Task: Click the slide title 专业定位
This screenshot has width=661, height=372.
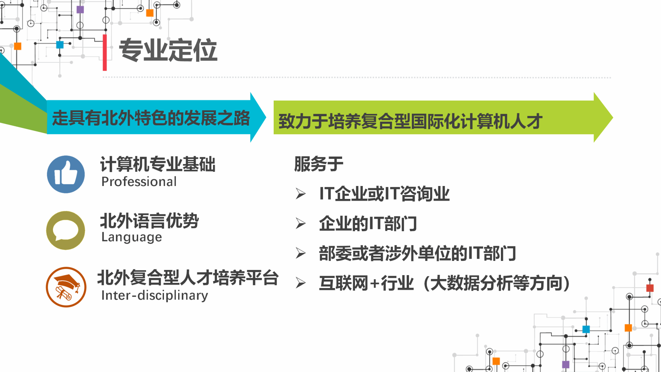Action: tap(168, 50)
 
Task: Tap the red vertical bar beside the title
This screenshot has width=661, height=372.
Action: tap(105, 52)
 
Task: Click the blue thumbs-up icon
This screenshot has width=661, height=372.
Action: tap(66, 174)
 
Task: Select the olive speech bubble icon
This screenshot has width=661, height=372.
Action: tap(66, 230)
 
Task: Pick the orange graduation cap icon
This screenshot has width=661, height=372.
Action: tap(66, 287)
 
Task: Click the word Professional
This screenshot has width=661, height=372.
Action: tap(139, 182)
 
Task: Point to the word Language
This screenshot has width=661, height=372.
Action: tap(131, 237)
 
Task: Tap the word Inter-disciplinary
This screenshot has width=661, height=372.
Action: tap(155, 295)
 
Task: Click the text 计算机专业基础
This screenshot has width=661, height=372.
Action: tap(158, 164)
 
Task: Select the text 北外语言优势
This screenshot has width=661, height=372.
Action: tap(149, 221)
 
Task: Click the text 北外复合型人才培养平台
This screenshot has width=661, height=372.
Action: tap(188, 278)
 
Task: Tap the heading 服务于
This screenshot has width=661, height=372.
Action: tap(319, 164)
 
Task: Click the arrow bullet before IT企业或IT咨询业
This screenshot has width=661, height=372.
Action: tap(301, 194)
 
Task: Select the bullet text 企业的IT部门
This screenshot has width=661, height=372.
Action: tap(368, 223)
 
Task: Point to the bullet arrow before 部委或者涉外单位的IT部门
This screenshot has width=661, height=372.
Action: tap(301, 253)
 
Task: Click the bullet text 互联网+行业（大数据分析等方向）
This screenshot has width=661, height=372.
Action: tap(444, 283)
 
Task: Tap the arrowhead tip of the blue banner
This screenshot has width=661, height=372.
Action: tap(266, 117)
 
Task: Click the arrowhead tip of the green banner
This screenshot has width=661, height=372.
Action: tap(613, 117)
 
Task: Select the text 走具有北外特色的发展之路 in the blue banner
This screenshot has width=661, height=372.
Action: tap(151, 118)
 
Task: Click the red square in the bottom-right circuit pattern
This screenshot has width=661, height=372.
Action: tap(650, 288)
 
